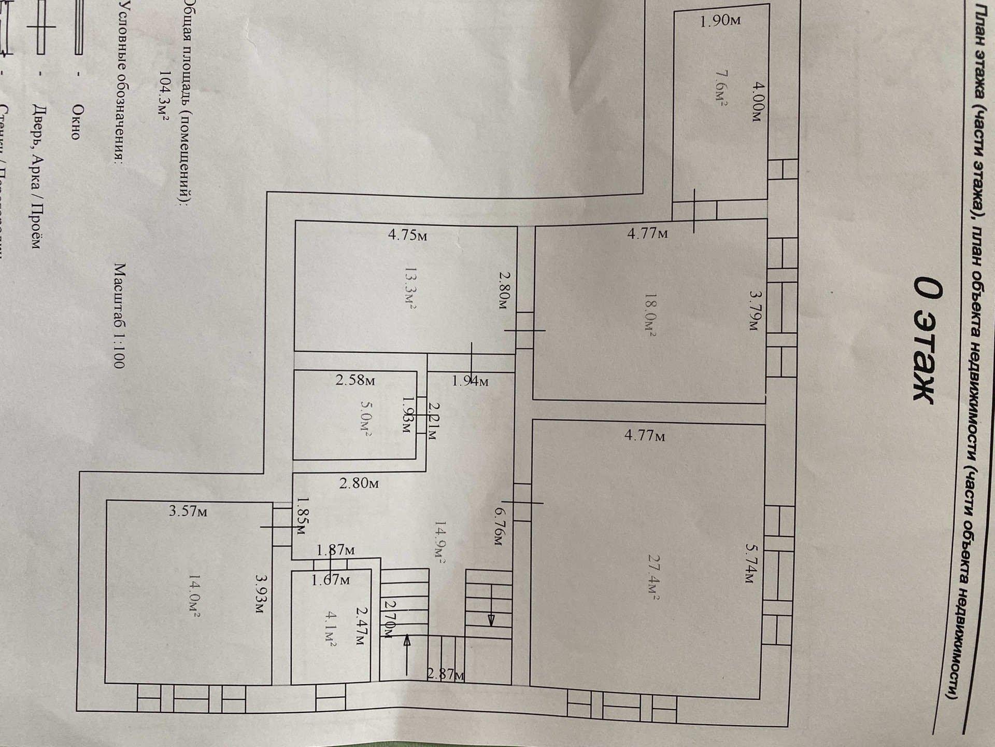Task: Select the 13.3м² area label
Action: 410,288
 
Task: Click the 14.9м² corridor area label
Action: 440,542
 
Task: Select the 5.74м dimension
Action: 752,563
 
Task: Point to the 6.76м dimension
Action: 496,526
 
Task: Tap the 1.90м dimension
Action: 720,21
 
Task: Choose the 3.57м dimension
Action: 188,511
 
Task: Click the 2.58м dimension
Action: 355,380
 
